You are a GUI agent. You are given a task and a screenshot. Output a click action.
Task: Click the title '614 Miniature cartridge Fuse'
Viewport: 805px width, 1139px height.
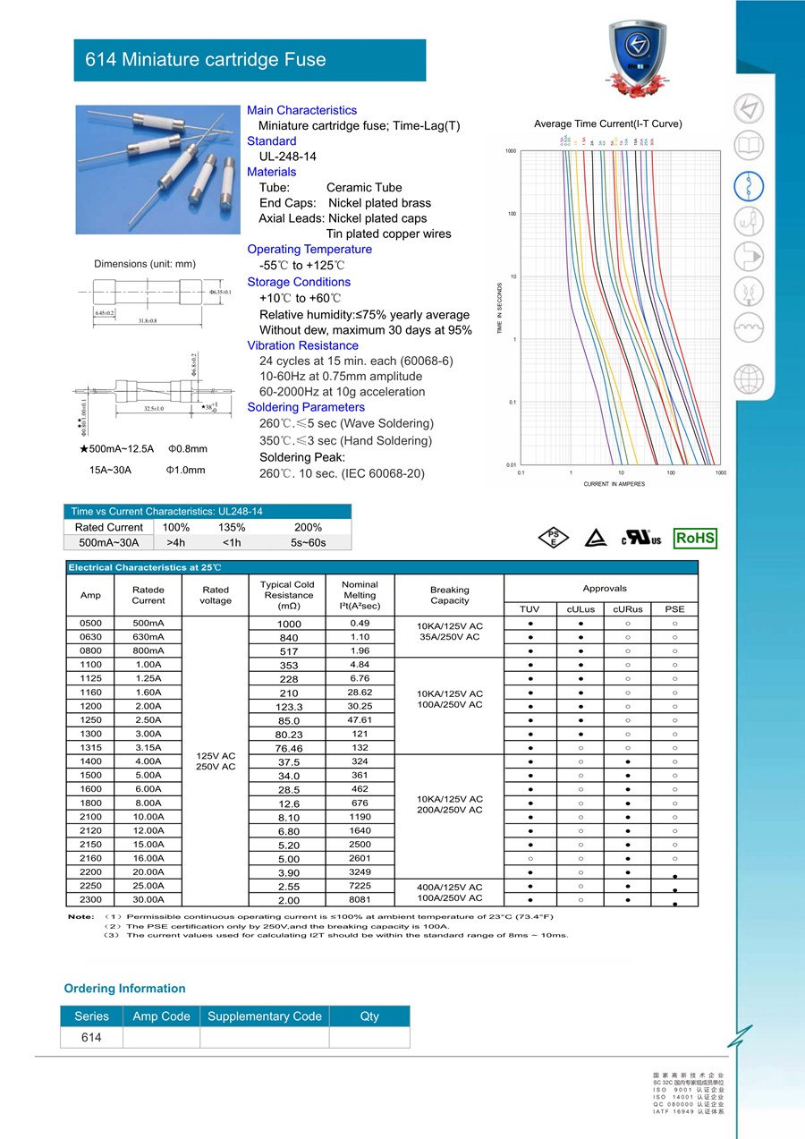206,60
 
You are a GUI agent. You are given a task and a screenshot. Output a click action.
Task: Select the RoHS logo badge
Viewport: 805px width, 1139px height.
695,538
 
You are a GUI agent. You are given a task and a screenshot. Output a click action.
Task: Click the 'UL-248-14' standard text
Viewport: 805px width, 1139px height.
288,157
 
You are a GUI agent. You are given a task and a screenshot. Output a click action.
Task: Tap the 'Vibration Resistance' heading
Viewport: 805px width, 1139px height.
302,345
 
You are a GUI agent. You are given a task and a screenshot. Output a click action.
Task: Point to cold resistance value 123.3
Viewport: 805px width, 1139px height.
289,707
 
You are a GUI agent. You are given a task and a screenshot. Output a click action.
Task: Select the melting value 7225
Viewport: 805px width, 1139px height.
360,885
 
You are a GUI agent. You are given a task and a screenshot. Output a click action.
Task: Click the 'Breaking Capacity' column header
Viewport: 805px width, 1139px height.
449,595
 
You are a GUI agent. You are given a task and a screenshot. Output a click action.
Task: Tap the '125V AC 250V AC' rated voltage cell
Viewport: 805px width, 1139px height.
216,761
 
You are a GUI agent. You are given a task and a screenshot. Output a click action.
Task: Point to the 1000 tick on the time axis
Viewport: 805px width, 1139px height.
511,151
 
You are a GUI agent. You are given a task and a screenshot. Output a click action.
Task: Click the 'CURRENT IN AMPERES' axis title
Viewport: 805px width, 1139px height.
614,484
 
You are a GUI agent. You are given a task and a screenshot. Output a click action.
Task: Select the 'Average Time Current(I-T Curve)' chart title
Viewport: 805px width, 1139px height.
607,123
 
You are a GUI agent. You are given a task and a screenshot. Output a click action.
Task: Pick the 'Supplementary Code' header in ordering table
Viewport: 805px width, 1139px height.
264,1016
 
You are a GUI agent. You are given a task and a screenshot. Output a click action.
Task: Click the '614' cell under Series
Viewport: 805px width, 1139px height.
91,1038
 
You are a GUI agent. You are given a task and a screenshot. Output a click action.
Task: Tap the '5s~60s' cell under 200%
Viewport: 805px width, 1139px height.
309,542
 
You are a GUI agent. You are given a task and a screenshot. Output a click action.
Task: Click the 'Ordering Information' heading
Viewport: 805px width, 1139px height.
124,989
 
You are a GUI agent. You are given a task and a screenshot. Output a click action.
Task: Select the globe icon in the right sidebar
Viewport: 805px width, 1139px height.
749,379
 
